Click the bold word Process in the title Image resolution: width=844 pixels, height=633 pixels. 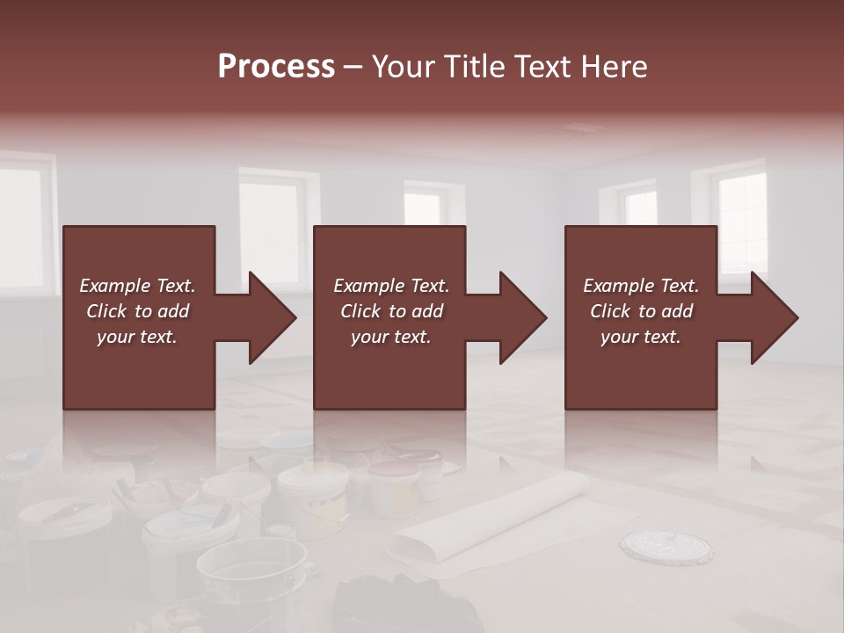click(276, 67)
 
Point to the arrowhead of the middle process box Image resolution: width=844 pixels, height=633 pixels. click(522, 317)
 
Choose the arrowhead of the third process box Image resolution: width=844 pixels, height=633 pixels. click(774, 317)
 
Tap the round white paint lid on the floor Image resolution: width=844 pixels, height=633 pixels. click(666, 546)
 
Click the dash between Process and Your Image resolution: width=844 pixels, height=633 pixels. click(353, 67)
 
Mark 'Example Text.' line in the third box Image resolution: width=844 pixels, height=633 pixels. click(640, 286)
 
